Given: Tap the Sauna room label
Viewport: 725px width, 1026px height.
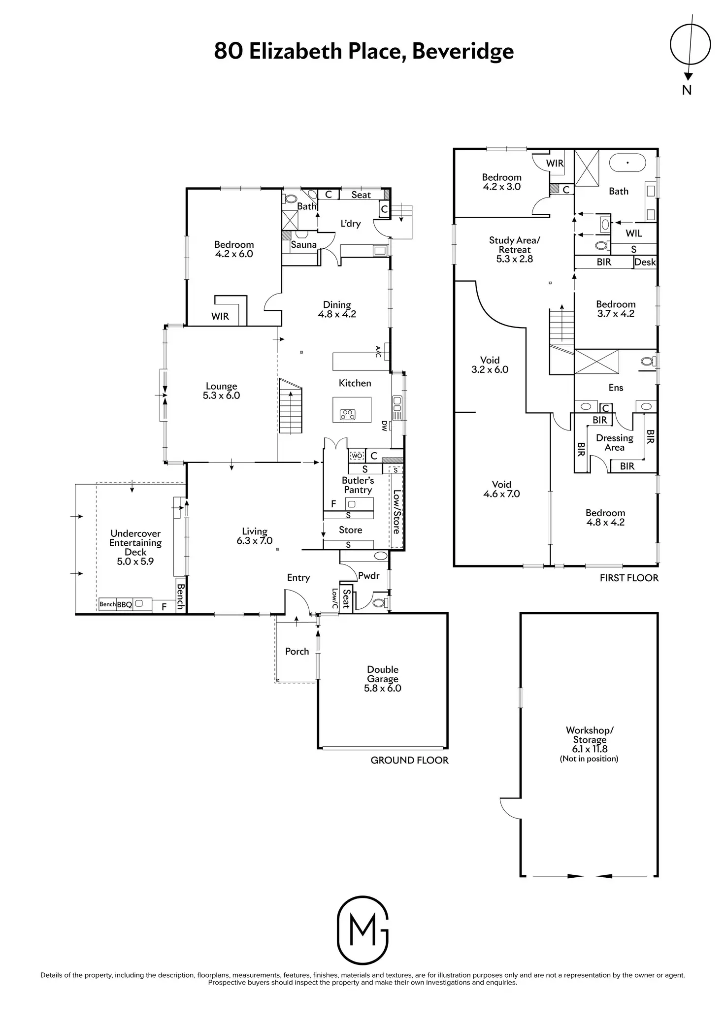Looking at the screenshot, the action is click(x=303, y=245).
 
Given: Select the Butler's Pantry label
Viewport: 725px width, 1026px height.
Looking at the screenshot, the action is click(x=358, y=485).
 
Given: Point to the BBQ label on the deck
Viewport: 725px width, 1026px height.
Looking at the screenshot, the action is click(x=125, y=604).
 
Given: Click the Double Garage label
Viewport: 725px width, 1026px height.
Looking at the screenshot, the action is click(x=383, y=679).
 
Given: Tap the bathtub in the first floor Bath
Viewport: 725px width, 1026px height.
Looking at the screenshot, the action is click(x=627, y=162).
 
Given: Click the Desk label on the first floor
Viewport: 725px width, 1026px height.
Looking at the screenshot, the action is click(x=645, y=262).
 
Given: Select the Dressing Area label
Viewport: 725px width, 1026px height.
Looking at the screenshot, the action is click(x=614, y=443).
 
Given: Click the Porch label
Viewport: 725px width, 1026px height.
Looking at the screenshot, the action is click(x=297, y=651).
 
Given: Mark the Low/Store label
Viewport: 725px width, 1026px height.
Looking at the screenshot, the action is click(x=396, y=512).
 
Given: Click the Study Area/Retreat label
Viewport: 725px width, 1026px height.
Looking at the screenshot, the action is click(x=515, y=250).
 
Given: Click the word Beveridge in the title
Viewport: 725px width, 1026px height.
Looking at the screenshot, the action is click(x=462, y=51).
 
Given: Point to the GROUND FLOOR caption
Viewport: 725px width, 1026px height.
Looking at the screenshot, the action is click(x=409, y=760).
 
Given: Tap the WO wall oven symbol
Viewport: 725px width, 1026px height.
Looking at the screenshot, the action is click(x=357, y=456).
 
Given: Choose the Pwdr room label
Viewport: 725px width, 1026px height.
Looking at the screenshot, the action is click(x=369, y=575).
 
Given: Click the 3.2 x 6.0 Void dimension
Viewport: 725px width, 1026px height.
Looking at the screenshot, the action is click(x=490, y=369).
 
